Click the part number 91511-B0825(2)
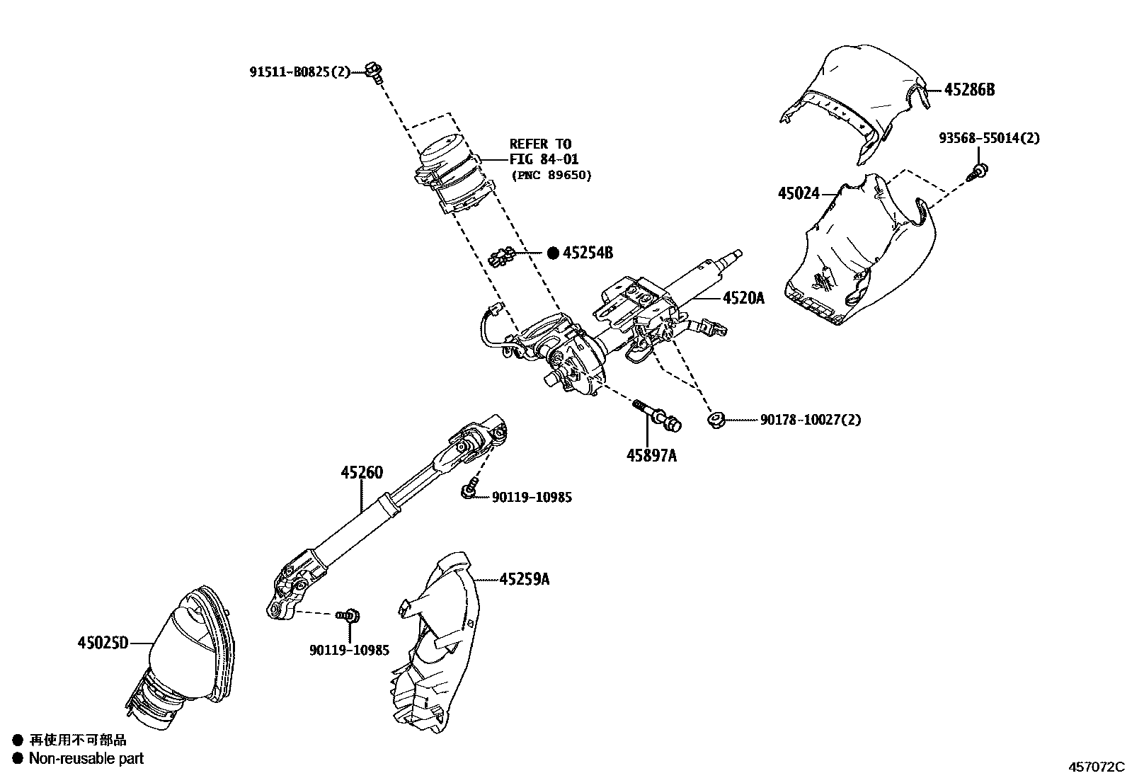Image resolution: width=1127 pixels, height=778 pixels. [x=300, y=71]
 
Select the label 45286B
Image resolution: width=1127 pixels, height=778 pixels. [x=969, y=90]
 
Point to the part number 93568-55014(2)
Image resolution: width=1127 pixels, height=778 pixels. [x=989, y=138]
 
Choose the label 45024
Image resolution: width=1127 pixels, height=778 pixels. [x=799, y=193]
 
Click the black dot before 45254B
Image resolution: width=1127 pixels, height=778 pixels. [x=553, y=253]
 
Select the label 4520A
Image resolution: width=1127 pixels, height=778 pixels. [x=743, y=298]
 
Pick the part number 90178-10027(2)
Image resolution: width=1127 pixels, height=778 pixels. [x=811, y=420]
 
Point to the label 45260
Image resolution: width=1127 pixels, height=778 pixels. [x=361, y=472]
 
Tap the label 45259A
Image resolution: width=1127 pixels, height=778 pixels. [x=524, y=579]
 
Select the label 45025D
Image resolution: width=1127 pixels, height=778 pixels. [x=103, y=643]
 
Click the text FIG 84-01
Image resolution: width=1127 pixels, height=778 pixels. [x=544, y=159]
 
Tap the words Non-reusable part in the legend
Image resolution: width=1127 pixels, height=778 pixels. [x=86, y=758]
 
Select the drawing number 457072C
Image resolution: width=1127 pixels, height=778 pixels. [x=1096, y=767]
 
